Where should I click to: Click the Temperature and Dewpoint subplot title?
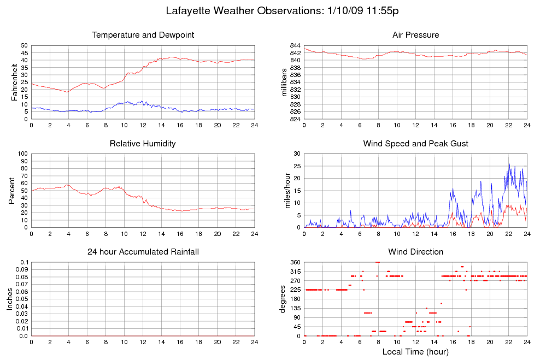click(x=143, y=35)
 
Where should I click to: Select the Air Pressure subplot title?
click(x=416, y=35)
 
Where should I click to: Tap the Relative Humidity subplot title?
click(x=143, y=144)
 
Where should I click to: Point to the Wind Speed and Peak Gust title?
click(x=416, y=144)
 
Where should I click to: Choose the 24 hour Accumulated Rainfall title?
click(x=143, y=252)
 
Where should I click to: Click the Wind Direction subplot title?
click(x=416, y=252)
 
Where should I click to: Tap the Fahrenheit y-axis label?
click(x=14, y=82)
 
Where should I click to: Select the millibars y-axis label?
click(x=284, y=82)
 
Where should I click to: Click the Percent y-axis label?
click(x=11, y=191)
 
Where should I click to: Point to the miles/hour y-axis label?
click(x=287, y=191)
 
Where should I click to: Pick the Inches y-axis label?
click(x=9, y=299)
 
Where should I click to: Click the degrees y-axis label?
click(x=283, y=299)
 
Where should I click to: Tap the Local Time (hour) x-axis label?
click(x=415, y=352)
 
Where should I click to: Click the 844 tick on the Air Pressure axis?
click(x=295, y=45)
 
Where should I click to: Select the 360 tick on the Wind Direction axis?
click(x=295, y=262)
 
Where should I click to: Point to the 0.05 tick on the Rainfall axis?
click(x=22, y=299)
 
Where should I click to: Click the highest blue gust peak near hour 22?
click(x=509, y=164)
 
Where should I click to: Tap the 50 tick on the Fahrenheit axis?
click(x=24, y=45)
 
